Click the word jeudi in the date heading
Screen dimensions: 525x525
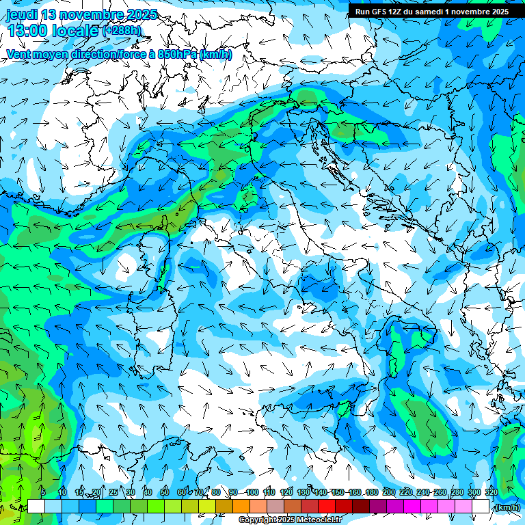pyautogui.click(x=23, y=14)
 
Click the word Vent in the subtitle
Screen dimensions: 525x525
pyautogui.click(x=20, y=54)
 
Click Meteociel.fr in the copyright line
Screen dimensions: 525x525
pyautogui.click(x=319, y=520)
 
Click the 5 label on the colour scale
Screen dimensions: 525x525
pyautogui.click(x=43, y=492)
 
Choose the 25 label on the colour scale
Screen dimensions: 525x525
pyautogui.click(x=113, y=492)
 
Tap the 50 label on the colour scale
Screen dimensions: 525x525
pyautogui.click(x=165, y=492)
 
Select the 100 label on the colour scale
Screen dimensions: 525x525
pyautogui.click(x=252, y=492)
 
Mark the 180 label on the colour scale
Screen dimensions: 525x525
pyautogui.click(x=371, y=492)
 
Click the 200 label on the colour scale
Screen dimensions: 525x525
pyautogui.click(x=388, y=492)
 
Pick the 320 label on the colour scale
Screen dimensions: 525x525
pyautogui.click(x=491, y=492)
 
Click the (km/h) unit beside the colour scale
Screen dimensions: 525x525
pyautogui.click(x=507, y=507)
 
